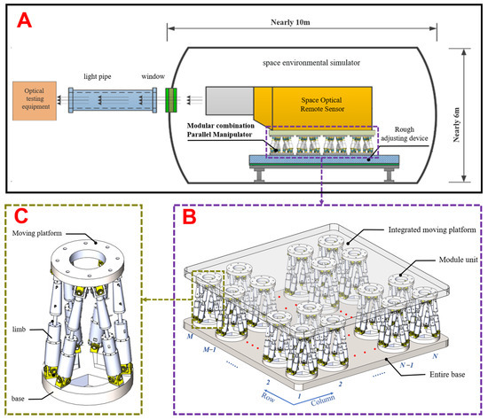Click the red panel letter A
pos(24,21)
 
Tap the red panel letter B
pos(189,217)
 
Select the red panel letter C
pos(21,215)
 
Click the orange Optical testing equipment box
pos(35,101)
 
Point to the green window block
pos(171,100)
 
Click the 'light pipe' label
pos(97,76)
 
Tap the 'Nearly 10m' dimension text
pos(290,22)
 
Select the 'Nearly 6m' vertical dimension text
pos(456,125)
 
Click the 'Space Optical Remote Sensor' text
pos(322,105)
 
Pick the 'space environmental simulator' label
pos(311,63)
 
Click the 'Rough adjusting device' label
pos(405,134)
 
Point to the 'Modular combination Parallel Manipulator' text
pos(220,130)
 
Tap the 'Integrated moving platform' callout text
pos(432,229)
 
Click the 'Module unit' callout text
pos(458,260)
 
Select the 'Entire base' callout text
pos(447,374)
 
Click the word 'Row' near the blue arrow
pos(268,397)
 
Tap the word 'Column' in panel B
pos(323,400)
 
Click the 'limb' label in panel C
pos(19,329)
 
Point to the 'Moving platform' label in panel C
pos(37,233)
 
